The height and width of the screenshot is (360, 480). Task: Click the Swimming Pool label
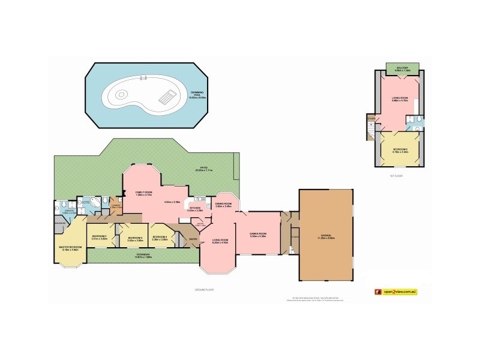tap(197, 94)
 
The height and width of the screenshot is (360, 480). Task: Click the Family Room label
tap(144, 194)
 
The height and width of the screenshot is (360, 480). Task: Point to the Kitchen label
tap(196, 209)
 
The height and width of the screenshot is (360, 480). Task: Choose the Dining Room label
tap(223, 205)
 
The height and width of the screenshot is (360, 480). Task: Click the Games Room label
tap(258, 235)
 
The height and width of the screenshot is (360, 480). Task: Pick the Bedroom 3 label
tap(135, 239)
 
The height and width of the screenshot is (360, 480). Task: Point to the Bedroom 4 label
tap(159, 237)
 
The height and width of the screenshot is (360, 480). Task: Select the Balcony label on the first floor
tap(399, 68)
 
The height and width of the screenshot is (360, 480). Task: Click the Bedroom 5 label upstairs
tap(400, 151)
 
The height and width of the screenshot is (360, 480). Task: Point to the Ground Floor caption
tap(204, 289)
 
